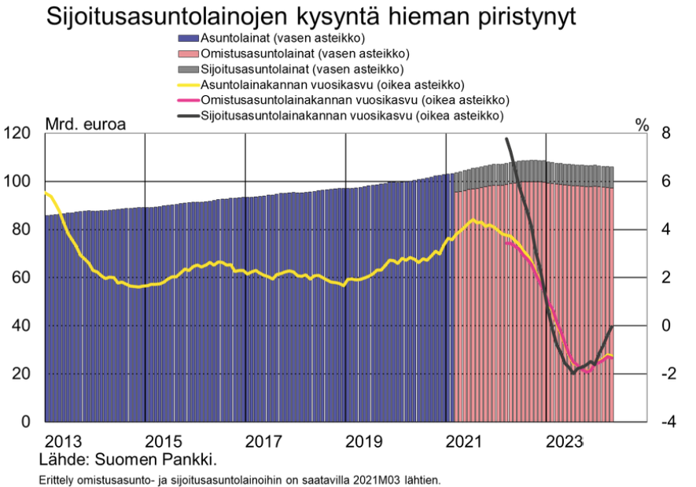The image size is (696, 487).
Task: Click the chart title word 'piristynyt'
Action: tap(516, 17)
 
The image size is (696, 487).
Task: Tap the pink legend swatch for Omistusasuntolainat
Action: tap(189, 53)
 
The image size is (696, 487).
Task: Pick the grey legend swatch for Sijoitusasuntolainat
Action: tap(189, 69)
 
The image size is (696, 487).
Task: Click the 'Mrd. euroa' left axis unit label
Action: tap(85, 124)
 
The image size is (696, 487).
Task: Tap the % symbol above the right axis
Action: tap(643, 124)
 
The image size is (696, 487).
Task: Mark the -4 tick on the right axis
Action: tap(661, 422)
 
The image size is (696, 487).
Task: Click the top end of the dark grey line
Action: tap(506, 139)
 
